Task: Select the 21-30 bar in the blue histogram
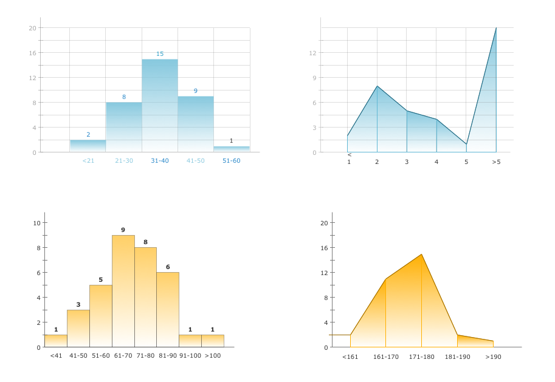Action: point(124,127)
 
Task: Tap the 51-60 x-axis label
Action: point(231,161)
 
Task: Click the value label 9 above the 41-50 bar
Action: point(196,91)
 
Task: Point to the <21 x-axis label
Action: point(88,161)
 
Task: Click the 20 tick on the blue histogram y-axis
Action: point(32,28)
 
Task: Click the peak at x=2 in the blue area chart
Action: point(377,86)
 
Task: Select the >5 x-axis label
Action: point(496,162)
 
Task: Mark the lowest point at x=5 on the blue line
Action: point(466,144)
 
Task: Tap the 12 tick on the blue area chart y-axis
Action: point(312,53)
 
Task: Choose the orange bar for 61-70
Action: point(123,291)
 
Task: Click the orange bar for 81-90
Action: point(168,310)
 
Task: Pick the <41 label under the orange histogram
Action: point(56,356)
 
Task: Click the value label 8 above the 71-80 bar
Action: point(145,242)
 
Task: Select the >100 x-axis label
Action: point(213,356)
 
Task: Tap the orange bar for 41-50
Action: point(78,329)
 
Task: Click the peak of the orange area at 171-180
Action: point(421,254)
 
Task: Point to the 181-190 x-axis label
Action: point(457,357)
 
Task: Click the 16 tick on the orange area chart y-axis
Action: point(324,248)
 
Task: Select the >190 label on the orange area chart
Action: point(493,357)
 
